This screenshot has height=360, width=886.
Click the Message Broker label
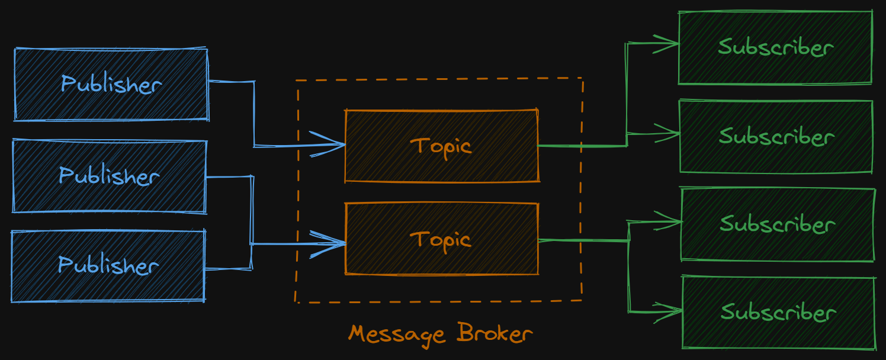pyautogui.click(x=441, y=333)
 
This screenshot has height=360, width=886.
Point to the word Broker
pyautogui.click(x=495, y=333)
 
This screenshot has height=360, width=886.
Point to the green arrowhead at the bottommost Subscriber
pyautogui.click(x=673, y=311)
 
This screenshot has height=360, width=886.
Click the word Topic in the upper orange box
pyautogui.click(x=442, y=146)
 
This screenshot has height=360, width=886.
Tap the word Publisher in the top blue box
pyautogui.click(x=111, y=85)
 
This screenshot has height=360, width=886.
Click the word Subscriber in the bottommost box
pyautogui.click(x=779, y=313)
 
